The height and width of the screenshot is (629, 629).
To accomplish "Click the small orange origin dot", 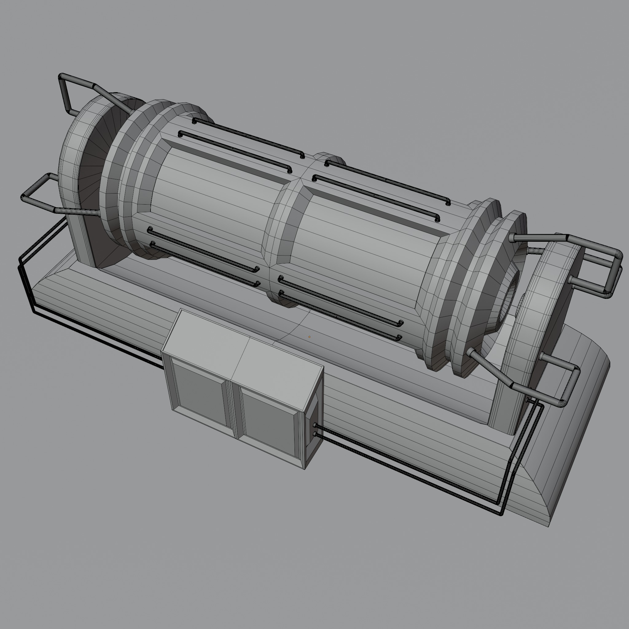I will click(309, 337).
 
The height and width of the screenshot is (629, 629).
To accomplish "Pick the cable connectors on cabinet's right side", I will click(315, 430).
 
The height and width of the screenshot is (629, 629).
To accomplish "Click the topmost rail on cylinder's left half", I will click(248, 137).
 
